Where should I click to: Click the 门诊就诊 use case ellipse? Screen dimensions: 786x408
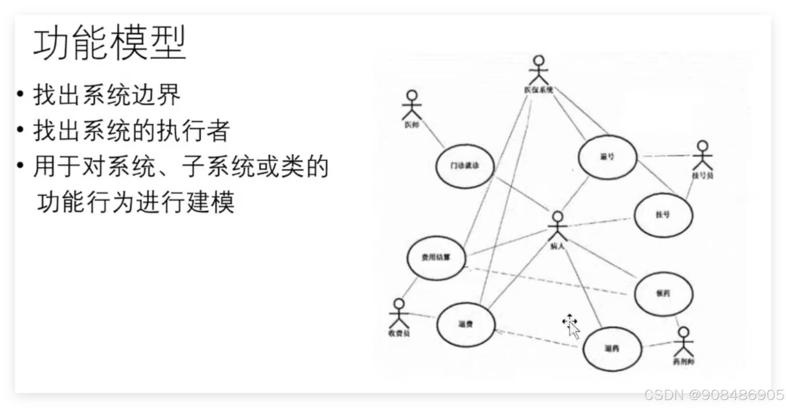[x=465, y=166]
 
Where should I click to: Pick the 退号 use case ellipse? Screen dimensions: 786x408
[x=607, y=157]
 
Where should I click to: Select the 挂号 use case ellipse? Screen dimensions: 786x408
[x=663, y=215]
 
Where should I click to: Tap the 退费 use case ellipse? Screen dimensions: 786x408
[x=466, y=324]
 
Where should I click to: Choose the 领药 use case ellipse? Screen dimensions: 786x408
[x=663, y=294]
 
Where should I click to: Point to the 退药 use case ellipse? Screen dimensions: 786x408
[x=612, y=349]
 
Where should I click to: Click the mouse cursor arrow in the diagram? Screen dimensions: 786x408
[x=574, y=330]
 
